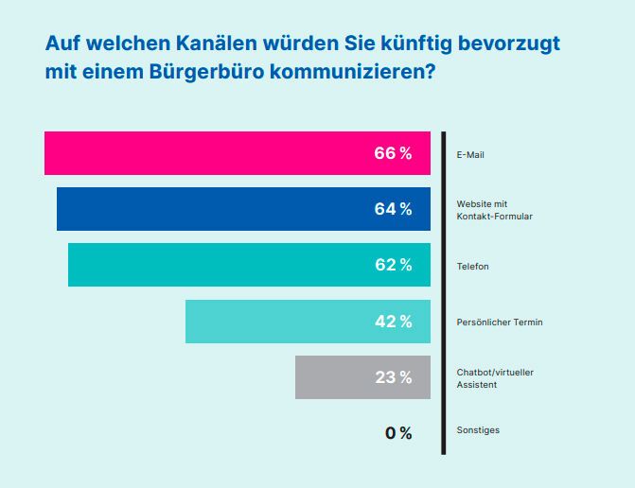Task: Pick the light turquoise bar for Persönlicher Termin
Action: (274, 322)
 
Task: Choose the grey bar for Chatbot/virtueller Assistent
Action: (331, 377)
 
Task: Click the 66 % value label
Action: (393, 154)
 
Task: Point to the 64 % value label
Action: (393, 210)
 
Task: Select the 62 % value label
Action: (393, 266)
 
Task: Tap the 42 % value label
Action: (393, 322)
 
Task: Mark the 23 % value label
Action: (393, 377)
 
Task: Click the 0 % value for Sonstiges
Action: (398, 433)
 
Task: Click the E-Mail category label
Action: (470, 155)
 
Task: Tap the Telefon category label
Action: (473, 267)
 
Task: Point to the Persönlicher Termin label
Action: (499, 322)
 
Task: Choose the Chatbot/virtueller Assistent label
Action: (494, 378)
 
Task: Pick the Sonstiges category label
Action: (478, 430)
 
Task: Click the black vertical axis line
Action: (442, 293)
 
